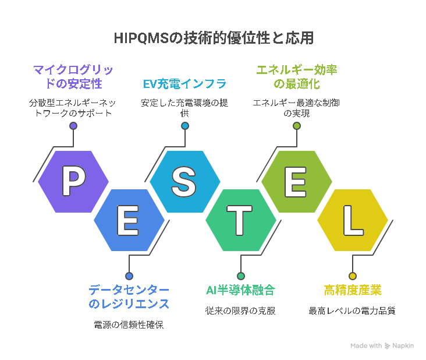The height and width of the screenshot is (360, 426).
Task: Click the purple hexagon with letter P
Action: coord(73,181)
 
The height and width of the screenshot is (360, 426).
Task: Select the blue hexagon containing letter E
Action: coord(129,220)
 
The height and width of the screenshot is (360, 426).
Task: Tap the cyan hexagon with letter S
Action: coord(185,181)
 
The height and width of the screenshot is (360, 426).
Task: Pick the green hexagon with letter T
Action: coord(241,220)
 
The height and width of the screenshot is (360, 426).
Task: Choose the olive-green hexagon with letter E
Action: coord(297,181)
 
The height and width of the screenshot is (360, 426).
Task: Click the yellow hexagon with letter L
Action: coord(353,220)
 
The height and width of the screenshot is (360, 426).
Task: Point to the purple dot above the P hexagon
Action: coord(73,126)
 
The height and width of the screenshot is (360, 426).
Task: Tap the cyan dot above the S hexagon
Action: coord(185,126)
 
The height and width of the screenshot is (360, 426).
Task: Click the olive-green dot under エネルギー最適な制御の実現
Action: coord(297,126)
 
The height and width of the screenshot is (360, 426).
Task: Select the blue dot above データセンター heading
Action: coord(129,276)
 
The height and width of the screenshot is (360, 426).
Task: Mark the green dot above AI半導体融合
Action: coord(241,276)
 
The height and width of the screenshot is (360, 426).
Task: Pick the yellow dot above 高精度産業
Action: coord(353,276)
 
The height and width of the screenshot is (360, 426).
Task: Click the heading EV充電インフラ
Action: coord(184,84)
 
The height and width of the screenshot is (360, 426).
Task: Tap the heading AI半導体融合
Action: coord(241,290)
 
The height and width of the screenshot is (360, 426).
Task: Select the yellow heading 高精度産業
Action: coord(353,290)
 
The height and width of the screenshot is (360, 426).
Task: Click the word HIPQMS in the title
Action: coord(141,38)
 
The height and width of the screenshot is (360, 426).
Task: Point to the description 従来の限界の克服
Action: coord(240,310)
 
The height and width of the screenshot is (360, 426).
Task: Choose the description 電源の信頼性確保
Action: coord(129,324)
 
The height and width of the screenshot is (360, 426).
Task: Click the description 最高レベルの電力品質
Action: coord(352,310)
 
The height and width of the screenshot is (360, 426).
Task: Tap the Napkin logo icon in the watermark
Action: coord(387,346)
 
